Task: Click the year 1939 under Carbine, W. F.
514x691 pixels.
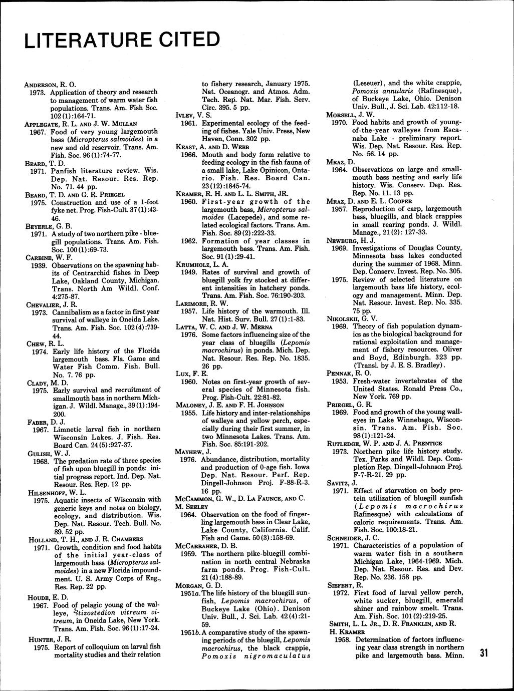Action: (x=40, y=265)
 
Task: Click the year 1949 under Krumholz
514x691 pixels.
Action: (x=189, y=272)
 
